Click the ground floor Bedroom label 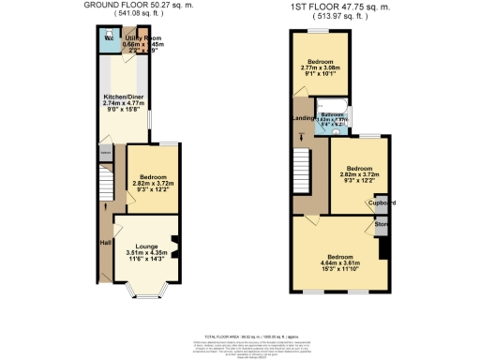tap(154, 177)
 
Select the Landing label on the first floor tap(303, 117)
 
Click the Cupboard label tap(381, 202)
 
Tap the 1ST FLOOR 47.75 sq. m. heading tap(338, 5)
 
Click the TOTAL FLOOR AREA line tap(241, 334)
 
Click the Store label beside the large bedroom tap(382, 225)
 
